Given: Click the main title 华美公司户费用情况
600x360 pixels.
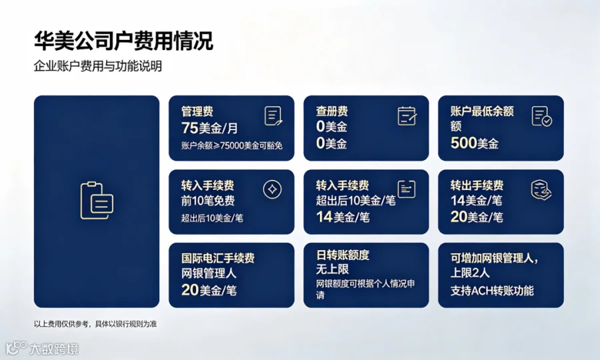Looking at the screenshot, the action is [123, 41].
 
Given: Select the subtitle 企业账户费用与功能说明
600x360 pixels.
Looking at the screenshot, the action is [98, 66].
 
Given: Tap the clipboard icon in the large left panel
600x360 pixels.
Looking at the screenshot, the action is [97, 201].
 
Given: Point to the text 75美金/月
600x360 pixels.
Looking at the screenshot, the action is [209, 128].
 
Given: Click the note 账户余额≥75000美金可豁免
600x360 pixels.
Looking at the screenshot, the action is [232, 145].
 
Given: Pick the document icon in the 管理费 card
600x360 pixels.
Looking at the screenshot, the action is [273, 116].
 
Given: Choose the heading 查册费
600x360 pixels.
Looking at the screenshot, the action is [332, 111].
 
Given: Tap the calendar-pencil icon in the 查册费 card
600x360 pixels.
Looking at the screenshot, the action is [407, 116].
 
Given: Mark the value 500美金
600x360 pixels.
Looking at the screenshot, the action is [475, 143].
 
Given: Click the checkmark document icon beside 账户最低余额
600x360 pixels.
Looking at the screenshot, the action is [542, 116].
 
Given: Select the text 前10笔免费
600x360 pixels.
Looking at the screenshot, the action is [208, 201].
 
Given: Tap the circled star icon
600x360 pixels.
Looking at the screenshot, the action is [273, 189].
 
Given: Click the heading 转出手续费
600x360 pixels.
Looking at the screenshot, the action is [477, 185].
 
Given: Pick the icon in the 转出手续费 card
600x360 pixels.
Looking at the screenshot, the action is [541, 190].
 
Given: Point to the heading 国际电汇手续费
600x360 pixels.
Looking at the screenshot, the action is [218, 258].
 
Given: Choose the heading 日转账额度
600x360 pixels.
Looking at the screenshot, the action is [343, 255].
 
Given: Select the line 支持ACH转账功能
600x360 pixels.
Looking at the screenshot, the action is [492, 291].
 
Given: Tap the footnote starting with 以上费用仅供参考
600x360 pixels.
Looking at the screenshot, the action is [95, 324].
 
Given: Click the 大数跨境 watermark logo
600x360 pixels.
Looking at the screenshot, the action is [43, 349].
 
